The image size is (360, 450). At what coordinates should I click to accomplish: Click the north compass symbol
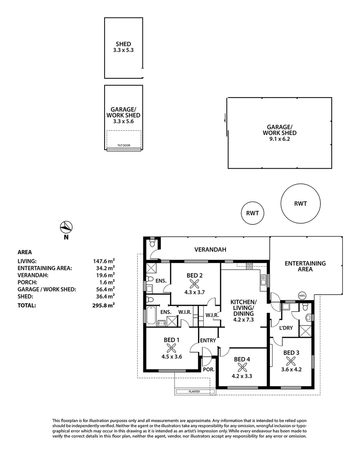tap(66, 227)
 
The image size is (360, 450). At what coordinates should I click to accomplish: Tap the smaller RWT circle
tap(252, 213)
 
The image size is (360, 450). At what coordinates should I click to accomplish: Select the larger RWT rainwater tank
tap(300, 203)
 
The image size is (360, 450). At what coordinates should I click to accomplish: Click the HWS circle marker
tap(302, 295)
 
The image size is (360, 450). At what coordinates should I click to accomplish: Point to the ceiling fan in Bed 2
tap(194, 284)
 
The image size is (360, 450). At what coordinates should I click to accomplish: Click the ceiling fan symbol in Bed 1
tap(171, 348)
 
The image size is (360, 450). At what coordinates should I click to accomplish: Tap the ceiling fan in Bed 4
tap(242, 367)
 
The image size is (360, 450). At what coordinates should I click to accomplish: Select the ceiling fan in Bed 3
tap(291, 361)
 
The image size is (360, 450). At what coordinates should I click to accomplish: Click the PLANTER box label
tap(194, 391)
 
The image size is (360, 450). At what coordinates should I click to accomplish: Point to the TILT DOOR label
tap(124, 145)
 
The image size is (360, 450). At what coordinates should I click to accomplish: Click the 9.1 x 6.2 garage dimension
tap(280, 139)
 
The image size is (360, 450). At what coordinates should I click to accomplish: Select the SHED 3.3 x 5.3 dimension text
tap(123, 50)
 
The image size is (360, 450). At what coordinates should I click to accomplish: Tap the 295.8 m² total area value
tap(104, 305)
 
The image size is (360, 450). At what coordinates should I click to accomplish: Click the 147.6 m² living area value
tap(104, 261)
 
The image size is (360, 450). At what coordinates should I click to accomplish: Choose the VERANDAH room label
tap(210, 250)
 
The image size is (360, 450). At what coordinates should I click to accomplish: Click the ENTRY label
tap(208, 340)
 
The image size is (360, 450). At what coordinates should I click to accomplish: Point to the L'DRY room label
tap(286, 328)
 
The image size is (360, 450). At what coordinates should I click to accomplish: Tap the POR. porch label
tap(209, 370)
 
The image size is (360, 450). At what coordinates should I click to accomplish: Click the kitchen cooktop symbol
tap(249, 267)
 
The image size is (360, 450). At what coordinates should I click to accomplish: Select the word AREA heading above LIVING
tap(25, 252)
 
